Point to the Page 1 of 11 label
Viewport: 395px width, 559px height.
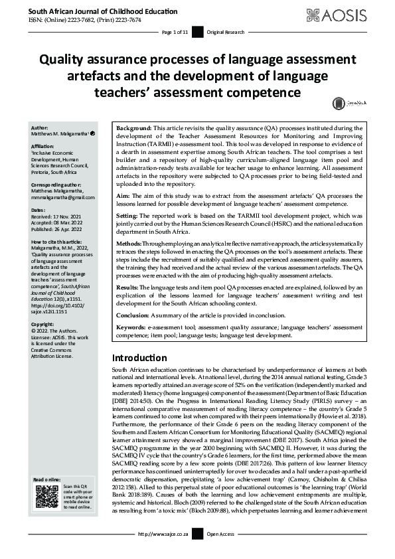click(x=176, y=33)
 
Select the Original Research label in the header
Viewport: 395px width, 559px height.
click(x=226, y=33)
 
